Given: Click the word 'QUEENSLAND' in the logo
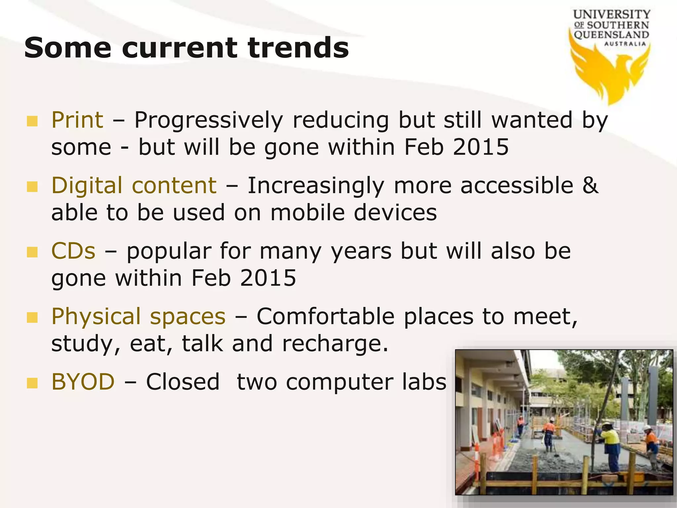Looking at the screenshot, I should coord(611,34).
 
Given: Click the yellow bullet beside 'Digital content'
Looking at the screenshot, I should coord(32,187).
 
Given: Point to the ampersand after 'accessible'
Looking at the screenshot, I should coord(590,185).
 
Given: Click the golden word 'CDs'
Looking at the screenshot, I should coord(73,251).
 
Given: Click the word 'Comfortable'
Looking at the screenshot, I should coord(326,316).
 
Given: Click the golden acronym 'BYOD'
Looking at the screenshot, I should coord(83,382).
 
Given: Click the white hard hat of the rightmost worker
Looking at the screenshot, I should coord(647,428).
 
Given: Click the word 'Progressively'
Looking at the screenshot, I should coord(209,120).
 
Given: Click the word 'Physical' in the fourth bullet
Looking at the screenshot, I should coord(96,317).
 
